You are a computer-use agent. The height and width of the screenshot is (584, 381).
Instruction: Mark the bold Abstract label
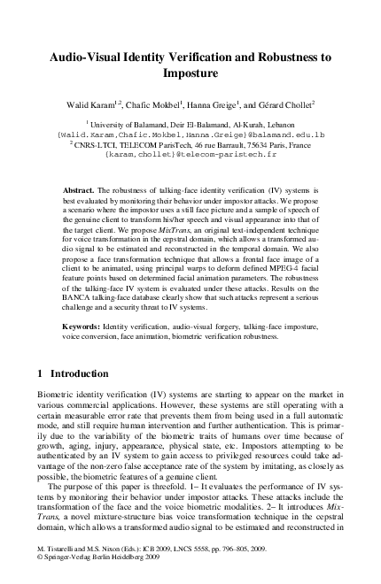pyautogui.click(x=81, y=191)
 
